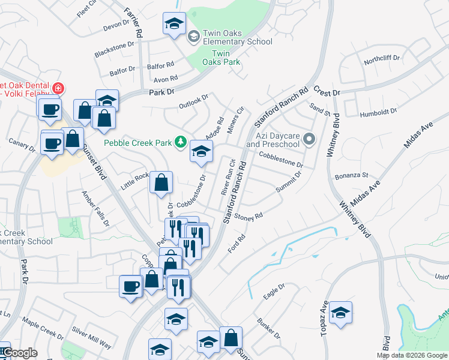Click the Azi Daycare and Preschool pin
[309, 140]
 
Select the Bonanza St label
[352, 175]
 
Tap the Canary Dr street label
[22, 143]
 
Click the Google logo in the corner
[19, 353]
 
